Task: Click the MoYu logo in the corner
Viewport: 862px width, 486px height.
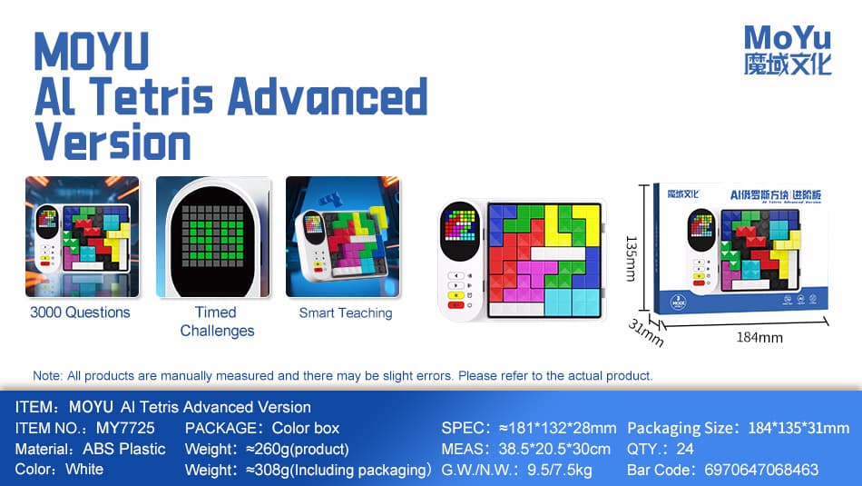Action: click(x=787, y=49)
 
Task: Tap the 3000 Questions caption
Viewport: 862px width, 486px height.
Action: click(x=80, y=312)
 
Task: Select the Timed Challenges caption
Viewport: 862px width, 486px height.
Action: click(x=217, y=322)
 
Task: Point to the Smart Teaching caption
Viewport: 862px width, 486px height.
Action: click(x=346, y=312)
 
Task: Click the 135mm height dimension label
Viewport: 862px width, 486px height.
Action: click(x=631, y=258)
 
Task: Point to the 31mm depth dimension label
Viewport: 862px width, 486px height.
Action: click(x=648, y=333)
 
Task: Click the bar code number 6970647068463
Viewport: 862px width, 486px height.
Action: click(x=761, y=470)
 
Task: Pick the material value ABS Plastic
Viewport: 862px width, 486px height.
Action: click(x=123, y=449)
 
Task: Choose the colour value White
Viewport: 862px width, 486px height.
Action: click(x=84, y=470)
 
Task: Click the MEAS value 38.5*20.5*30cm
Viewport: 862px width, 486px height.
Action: click(x=553, y=449)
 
